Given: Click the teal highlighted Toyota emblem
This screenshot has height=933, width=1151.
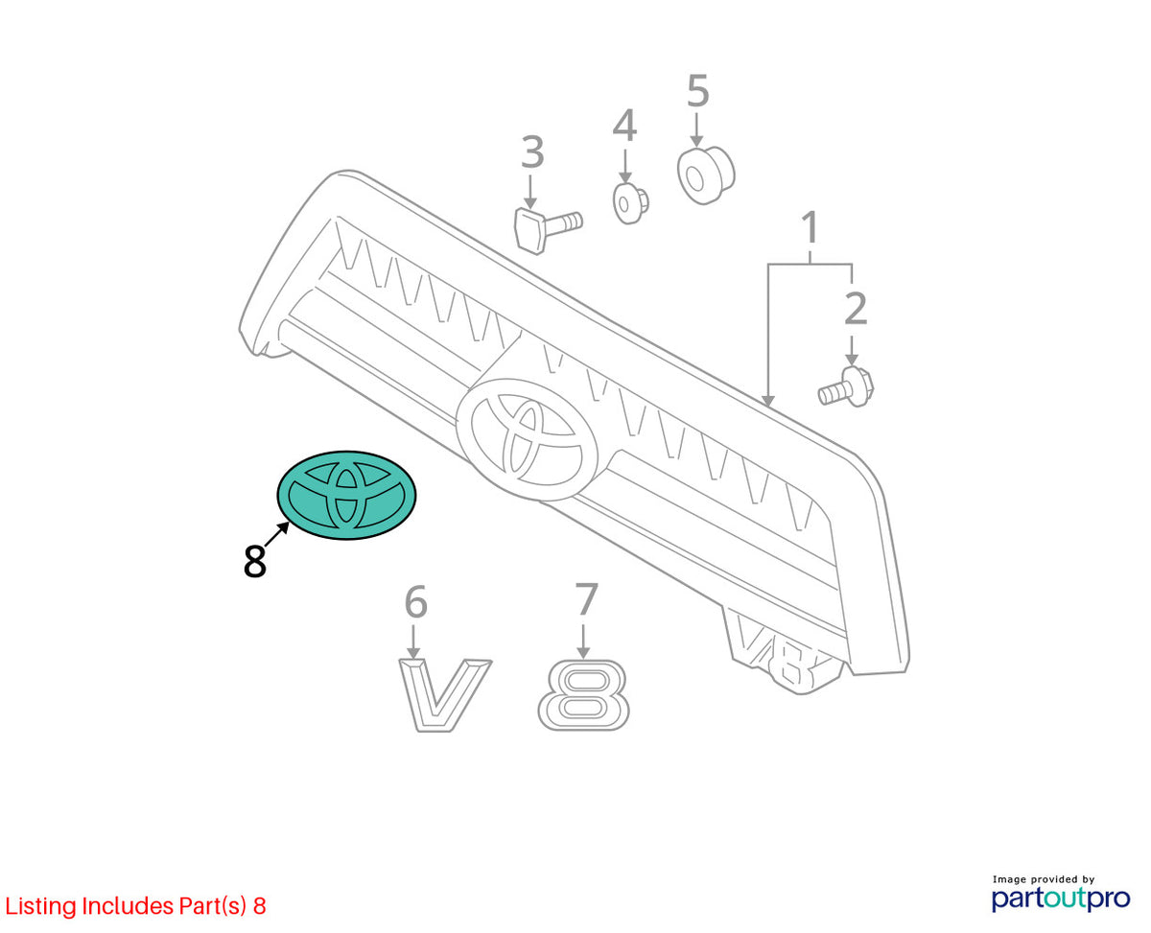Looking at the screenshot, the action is coord(346,495).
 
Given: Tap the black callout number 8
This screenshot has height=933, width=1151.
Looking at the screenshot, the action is coord(254,561).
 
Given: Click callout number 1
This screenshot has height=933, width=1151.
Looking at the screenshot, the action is coord(809,228).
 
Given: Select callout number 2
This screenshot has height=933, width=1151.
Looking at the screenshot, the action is coord(856,309).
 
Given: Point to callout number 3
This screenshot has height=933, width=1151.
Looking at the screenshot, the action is coord(532,152).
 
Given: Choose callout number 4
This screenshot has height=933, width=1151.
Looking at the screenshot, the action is coord(624,126).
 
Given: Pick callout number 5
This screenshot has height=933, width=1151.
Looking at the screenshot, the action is coord(697,91).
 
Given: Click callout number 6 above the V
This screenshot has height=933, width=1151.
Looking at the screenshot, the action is coord(415,601).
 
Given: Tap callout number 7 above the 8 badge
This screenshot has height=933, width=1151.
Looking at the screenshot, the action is coord(586,599).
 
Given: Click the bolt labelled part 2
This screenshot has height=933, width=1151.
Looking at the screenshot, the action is coord(846,386).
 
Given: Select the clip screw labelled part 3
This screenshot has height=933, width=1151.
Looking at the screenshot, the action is coord(547,229).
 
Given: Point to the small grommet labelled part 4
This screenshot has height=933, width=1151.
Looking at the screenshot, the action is coord(630,203).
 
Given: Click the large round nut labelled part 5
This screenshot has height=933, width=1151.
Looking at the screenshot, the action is coord(706,175).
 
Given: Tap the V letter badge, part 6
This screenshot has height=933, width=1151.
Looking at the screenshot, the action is coord(444,695).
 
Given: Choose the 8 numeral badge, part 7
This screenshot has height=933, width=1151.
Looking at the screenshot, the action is coord(583,695).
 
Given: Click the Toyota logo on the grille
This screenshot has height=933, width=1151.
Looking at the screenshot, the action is coord(527,438).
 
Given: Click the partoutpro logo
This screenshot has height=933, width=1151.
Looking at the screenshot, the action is coord(1061,898).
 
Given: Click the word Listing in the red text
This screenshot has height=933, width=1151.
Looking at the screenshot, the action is coord(41,906).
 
